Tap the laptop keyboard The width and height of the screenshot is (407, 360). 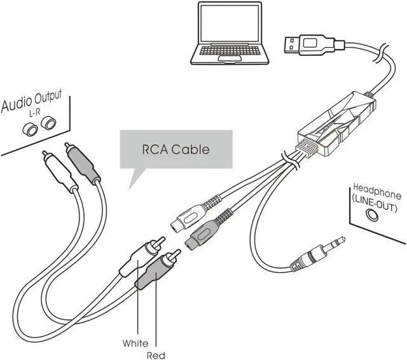point(230,53)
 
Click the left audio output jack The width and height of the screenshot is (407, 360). point(29,129)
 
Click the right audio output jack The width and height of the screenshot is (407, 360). point(47,122)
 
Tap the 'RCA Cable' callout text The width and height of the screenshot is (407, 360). point(175,150)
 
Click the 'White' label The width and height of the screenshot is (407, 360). point(135,343)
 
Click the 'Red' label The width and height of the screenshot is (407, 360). point(156,354)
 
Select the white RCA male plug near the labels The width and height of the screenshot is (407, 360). point(143,254)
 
